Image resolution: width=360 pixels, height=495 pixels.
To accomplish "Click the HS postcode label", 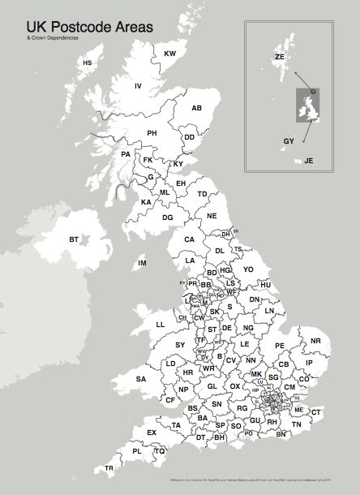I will point(88,62).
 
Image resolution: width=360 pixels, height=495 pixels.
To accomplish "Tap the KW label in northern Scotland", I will point(170,54).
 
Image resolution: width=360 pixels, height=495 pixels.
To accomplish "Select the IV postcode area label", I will point(138,86).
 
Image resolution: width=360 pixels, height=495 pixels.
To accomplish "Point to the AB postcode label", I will point(196,108).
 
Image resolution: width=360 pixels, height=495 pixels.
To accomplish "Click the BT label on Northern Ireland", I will point(74,239).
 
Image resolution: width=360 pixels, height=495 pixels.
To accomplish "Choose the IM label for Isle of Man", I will point(142,263).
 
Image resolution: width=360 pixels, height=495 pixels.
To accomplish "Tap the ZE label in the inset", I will point(280,58).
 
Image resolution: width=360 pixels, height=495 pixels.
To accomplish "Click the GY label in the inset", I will point(289,141).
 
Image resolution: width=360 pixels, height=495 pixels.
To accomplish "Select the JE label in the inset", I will point(308,161).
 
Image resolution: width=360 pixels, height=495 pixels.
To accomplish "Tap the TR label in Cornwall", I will point(109,469).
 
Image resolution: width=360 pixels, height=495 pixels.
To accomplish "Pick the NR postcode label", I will point(316,342).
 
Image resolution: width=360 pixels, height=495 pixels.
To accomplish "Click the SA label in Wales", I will point(140,379).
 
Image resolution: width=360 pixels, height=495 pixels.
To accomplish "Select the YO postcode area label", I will point(249,269).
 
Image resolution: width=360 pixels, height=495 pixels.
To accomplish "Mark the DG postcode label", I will point(168,217).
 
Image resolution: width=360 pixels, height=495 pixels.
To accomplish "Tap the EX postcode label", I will point(151,433).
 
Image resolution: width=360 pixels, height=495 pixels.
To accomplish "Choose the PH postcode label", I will point(152,132).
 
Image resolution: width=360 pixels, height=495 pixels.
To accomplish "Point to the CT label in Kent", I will point(316,413).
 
